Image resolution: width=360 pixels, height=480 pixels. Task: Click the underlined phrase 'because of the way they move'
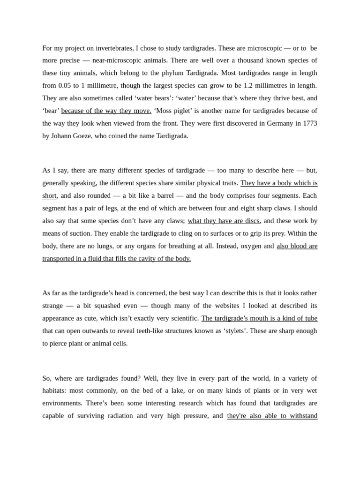click(x=106, y=111)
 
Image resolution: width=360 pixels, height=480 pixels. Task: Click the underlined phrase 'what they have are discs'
click(x=223, y=221)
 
